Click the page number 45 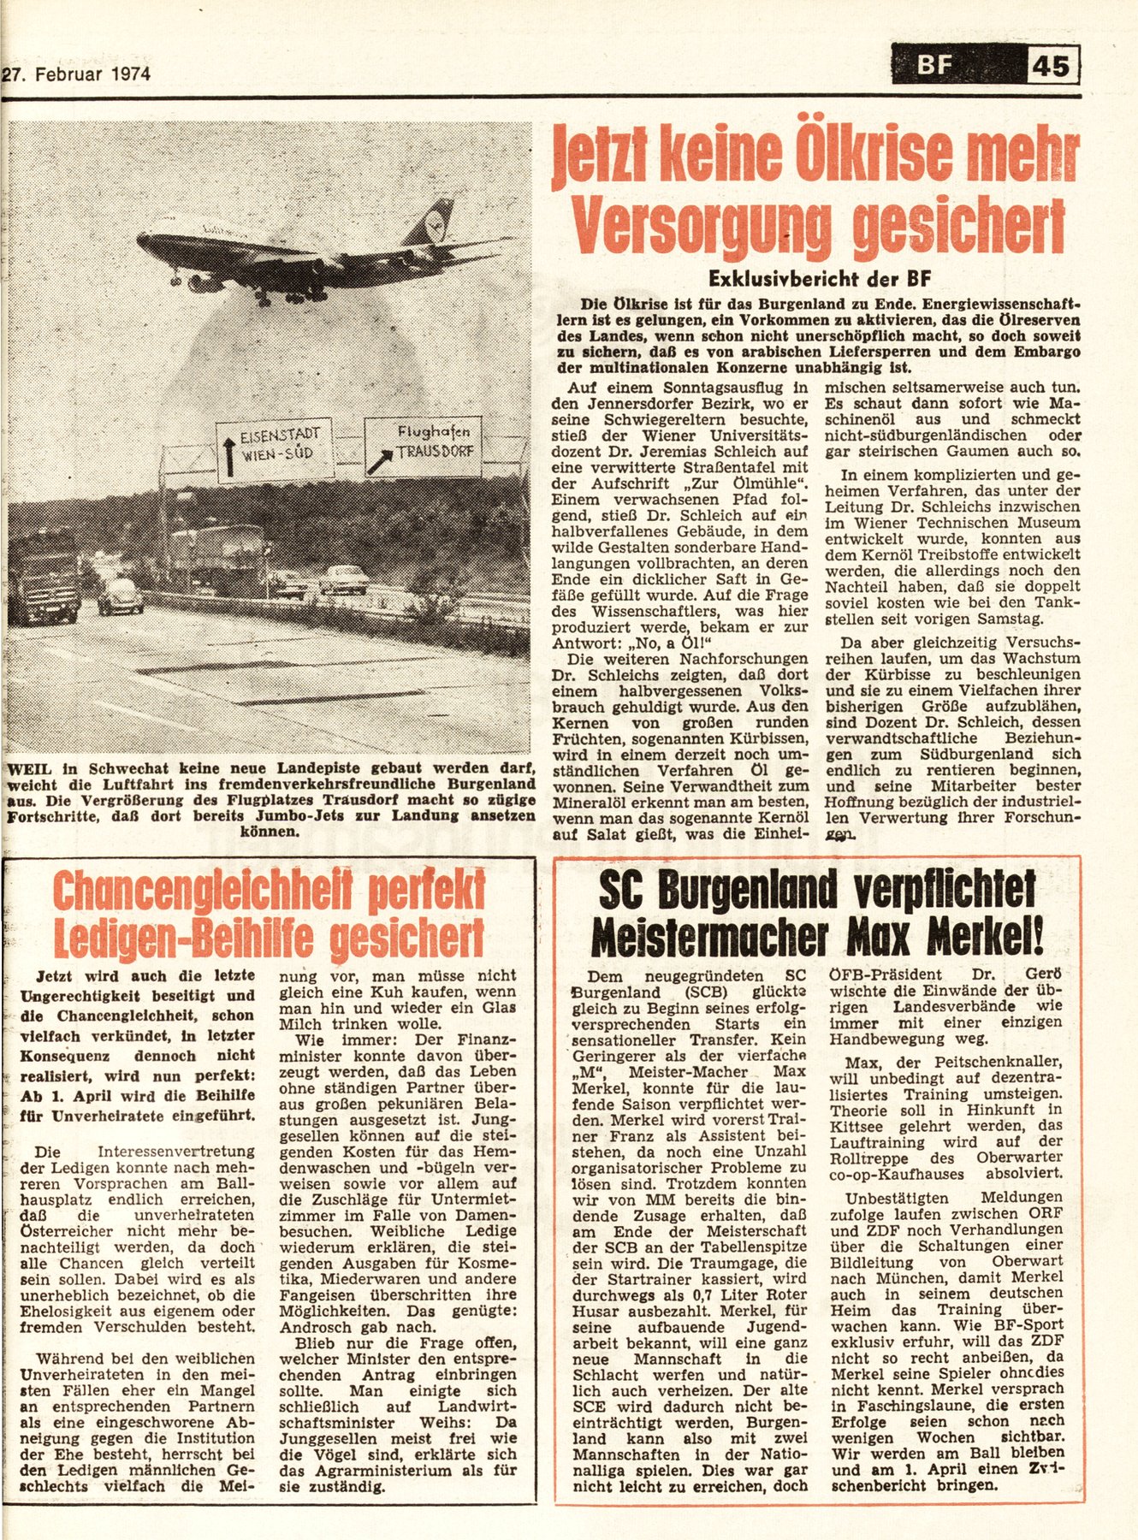(x=1052, y=66)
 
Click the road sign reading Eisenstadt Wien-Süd (x=273, y=452)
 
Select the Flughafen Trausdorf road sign (x=423, y=446)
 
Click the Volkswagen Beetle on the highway (x=120, y=596)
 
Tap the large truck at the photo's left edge (x=44, y=575)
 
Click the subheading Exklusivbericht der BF (x=819, y=278)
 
